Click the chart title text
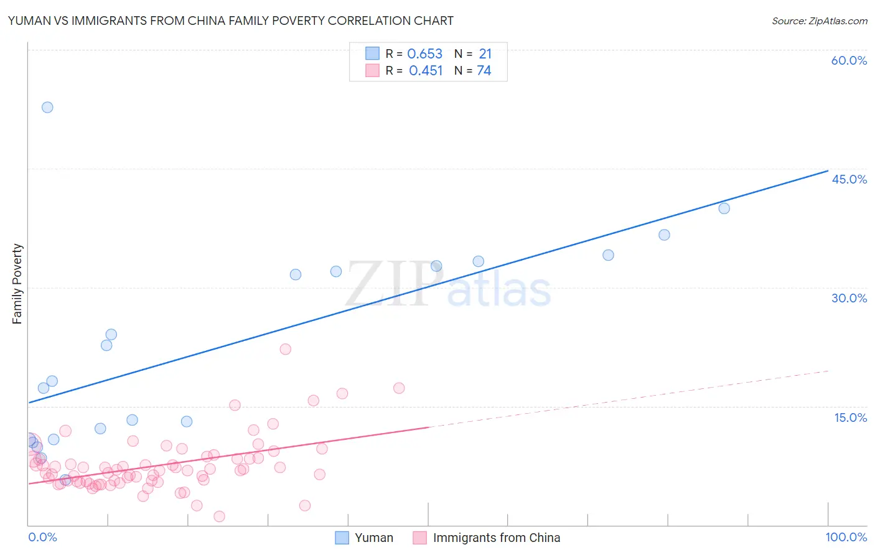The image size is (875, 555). (230, 21)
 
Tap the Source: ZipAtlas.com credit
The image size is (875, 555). (819, 21)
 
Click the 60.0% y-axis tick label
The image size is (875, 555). (849, 60)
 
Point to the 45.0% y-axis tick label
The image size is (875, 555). (849, 179)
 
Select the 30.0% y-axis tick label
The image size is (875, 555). (849, 298)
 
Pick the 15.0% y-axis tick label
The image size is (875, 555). (850, 417)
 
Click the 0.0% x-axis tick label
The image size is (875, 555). (42, 537)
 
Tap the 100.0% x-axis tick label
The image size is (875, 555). (846, 537)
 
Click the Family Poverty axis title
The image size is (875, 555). (17, 284)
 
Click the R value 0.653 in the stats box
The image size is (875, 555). (424, 54)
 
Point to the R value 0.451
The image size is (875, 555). (426, 71)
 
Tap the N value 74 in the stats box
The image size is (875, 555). (484, 71)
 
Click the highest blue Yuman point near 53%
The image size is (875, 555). (47, 107)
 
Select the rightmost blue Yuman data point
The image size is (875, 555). (724, 208)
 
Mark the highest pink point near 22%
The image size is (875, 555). (285, 349)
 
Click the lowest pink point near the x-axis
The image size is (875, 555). (219, 516)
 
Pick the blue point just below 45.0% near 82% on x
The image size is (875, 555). (664, 235)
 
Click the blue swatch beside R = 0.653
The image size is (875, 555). (372, 54)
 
